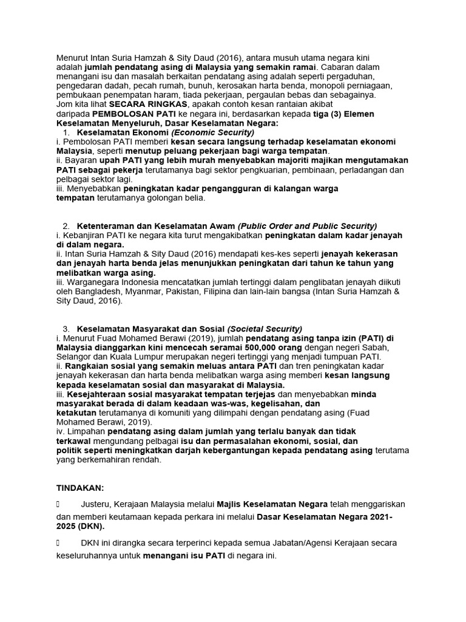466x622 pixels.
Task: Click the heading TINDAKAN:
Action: (80, 487)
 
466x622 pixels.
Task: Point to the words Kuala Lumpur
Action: (137, 357)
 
